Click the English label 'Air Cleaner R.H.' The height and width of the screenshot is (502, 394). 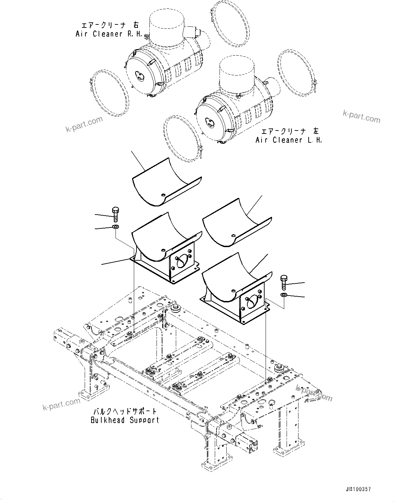click(109, 34)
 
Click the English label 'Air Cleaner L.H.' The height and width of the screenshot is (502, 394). click(289, 140)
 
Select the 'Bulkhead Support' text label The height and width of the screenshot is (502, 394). click(125, 420)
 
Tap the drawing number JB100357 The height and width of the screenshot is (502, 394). click(358, 489)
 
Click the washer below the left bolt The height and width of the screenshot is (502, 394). click(115, 227)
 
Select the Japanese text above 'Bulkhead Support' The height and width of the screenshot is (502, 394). click(125, 411)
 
